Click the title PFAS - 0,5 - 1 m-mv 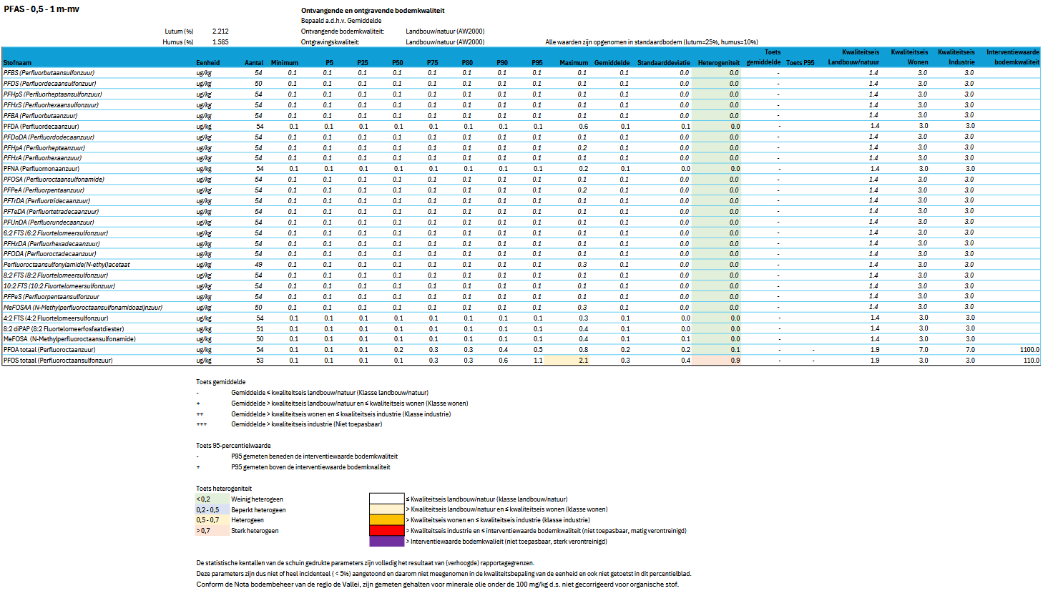[41, 9]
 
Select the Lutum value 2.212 [220, 31]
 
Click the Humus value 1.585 [220, 42]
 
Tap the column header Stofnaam [17, 63]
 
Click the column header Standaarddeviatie [663, 63]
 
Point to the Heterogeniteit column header [718, 63]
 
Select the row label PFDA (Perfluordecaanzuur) [41, 127]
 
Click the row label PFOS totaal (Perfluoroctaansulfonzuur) [58, 361]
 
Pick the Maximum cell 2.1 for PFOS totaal [583, 361]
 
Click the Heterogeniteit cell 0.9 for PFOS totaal [735, 361]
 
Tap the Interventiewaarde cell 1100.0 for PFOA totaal [1029, 350]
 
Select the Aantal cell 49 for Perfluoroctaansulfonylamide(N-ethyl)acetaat [258, 265]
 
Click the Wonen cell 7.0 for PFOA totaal [923, 350]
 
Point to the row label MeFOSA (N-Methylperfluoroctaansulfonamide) [69, 339]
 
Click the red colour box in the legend [386, 531]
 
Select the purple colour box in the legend [386, 542]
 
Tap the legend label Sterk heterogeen [255, 531]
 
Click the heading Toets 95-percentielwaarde [233, 446]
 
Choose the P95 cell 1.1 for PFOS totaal [537, 361]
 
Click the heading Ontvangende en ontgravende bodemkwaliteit [373, 11]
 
